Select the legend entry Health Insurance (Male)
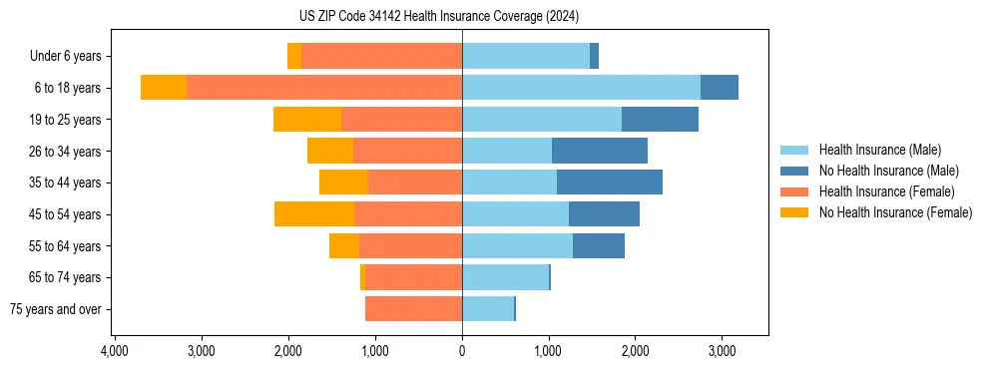(879, 150)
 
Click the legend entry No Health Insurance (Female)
(895, 212)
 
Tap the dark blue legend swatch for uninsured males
(796, 171)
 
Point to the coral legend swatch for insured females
(796, 191)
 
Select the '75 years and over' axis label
(55, 309)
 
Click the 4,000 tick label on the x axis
(114, 351)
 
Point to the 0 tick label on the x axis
(462, 351)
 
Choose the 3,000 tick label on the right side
(723, 351)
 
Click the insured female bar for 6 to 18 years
(324, 88)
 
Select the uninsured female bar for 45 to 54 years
(314, 214)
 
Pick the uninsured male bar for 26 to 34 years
(600, 152)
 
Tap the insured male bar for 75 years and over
(488, 309)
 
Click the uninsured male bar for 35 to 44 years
(610, 183)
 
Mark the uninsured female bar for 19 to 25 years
(307, 120)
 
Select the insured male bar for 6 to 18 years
(581, 88)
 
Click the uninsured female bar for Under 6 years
(294, 57)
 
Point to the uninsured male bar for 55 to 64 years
(599, 246)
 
